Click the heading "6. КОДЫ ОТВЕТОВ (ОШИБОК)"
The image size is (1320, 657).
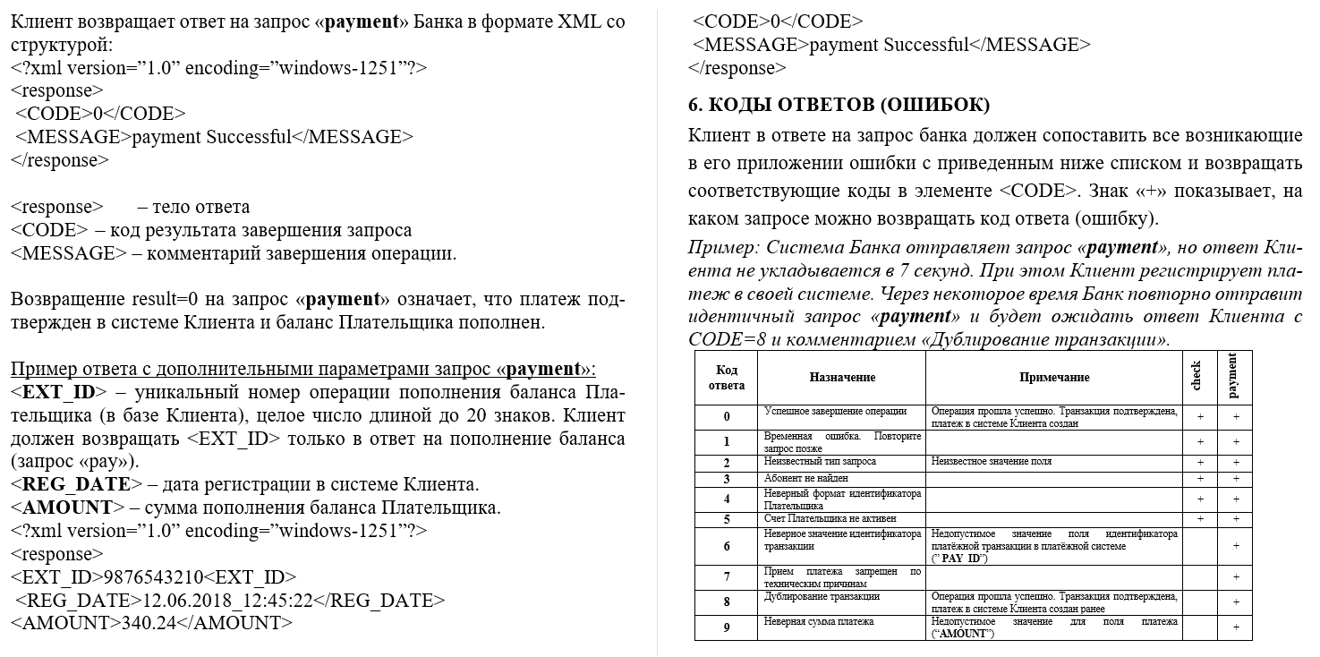point(839,106)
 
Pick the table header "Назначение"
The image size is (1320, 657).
point(841,378)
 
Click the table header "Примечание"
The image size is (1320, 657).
point(1053,378)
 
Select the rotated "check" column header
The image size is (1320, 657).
point(1198,377)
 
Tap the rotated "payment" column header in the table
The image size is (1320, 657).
point(1235,377)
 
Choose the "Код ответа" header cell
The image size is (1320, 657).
point(727,378)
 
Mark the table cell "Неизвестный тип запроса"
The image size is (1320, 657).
point(820,462)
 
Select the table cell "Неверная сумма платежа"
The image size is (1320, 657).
point(818,621)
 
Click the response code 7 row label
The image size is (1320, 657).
point(727,577)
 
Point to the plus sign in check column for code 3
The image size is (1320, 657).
point(1199,479)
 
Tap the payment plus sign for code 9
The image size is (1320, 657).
point(1236,627)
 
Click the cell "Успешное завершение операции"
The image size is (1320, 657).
point(834,412)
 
